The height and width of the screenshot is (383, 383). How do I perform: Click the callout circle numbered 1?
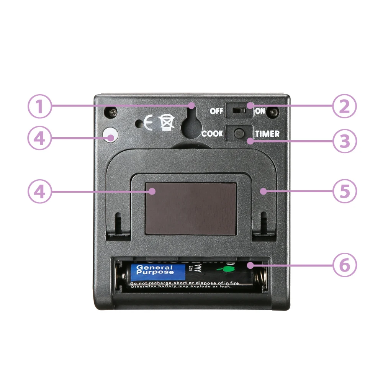[x=39, y=106]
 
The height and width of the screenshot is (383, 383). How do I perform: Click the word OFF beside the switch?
[x=216, y=111]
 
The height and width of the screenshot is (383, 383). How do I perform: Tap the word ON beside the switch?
[x=260, y=111]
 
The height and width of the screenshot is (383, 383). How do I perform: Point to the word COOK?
[x=212, y=134]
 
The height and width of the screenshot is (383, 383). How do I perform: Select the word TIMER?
[x=267, y=134]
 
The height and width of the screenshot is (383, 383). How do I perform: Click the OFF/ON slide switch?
[x=239, y=111]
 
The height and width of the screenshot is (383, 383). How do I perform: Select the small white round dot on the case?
[x=110, y=136]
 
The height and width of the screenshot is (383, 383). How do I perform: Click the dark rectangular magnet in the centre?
[x=191, y=208]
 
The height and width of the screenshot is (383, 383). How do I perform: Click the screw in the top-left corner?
[x=111, y=112]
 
